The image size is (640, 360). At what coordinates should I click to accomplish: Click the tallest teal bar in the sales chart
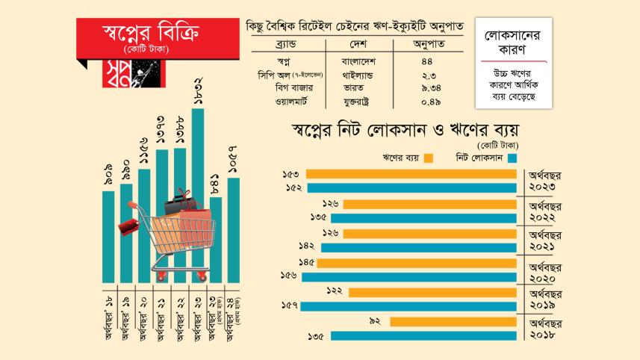[198, 194]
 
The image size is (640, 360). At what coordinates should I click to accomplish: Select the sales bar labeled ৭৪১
[217, 239]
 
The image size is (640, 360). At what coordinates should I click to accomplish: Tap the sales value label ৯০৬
[108, 175]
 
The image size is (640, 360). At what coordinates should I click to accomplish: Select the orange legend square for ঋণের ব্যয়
[428, 158]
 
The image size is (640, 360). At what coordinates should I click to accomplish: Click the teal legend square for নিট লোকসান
[512, 158]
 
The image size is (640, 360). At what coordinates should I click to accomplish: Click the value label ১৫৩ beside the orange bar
[292, 174]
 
